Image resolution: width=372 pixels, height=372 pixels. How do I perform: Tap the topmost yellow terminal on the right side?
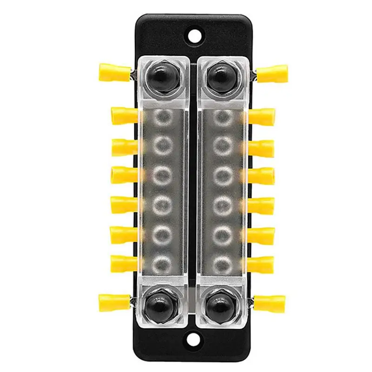click(273, 72)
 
